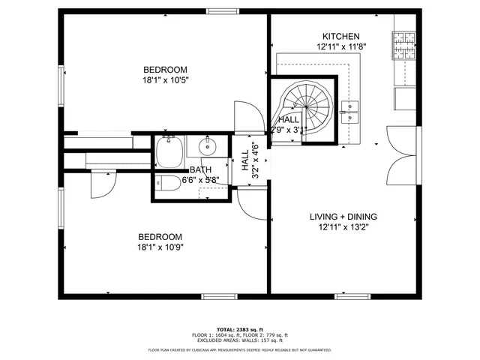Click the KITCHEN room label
341,37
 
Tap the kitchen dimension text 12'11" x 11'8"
341,46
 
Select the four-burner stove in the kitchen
405,45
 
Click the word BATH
200,170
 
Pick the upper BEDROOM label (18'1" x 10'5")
165,70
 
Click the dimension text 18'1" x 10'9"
160,246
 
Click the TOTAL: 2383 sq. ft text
240,329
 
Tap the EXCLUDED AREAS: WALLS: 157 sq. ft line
240,340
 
